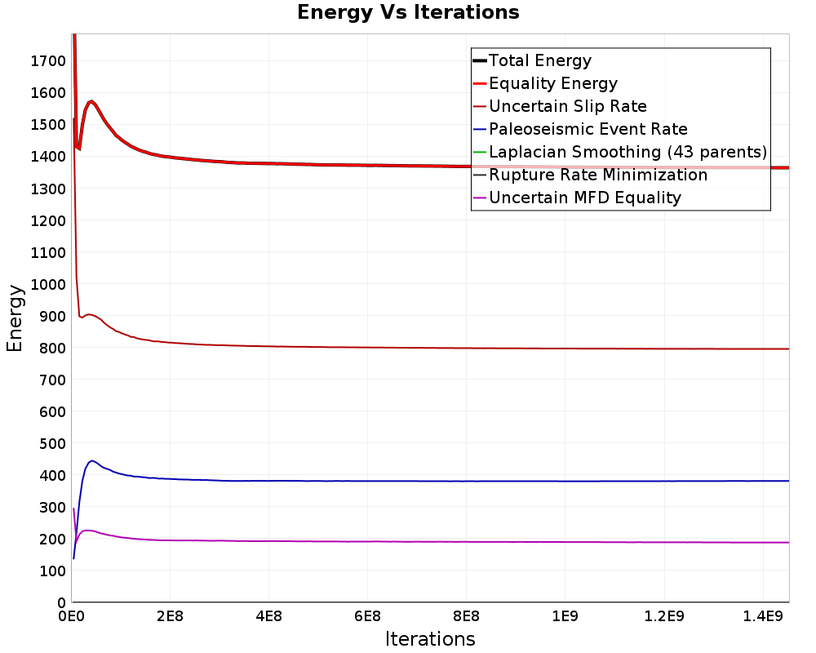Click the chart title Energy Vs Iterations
point(408,12)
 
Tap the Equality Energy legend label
point(553,83)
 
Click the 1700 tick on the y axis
point(48,61)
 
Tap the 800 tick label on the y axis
point(52,348)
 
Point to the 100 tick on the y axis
point(52,571)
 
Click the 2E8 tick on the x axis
point(171,616)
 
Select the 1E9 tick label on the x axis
point(565,616)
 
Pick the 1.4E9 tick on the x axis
point(763,616)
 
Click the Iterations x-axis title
point(430,639)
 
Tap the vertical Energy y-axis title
point(15,318)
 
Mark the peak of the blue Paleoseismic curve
point(91,461)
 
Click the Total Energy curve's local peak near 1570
point(91,101)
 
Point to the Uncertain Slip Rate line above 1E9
point(565,349)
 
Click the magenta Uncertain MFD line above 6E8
point(367,541)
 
